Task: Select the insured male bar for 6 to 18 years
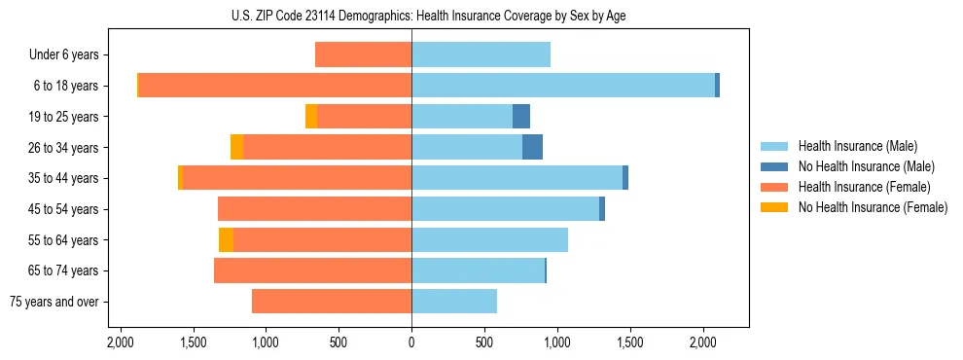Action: pyautogui.click(x=563, y=86)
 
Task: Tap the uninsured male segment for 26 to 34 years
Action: pyautogui.click(x=532, y=147)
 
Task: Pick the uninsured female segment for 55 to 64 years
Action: pyautogui.click(x=226, y=239)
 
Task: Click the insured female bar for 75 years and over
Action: pyautogui.click(x=332, y=301)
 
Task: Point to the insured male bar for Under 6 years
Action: pyautogui.click(x=481, y=54)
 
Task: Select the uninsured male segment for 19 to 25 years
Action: pyautogui.click(x=521, y=116)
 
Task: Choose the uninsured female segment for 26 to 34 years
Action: pyautogui.click(x=236, y=147)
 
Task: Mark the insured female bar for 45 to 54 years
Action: pyautogui.click(x=314, y=208)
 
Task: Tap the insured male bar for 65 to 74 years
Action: pyautogui.click(x=478, y=270)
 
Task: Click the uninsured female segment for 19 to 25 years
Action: pyautogui.click(x=311, y=116)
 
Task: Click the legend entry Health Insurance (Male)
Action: pyautogui.click(x=856, y=146)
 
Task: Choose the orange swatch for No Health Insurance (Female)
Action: pyautogui.click(x=774, y=207)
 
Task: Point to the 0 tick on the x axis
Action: pyautogui.click(x=411, y=342)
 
